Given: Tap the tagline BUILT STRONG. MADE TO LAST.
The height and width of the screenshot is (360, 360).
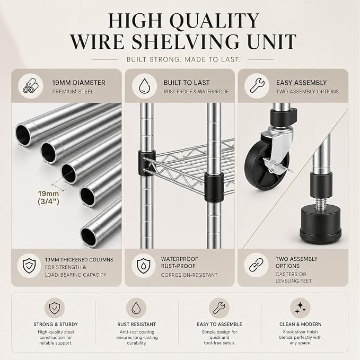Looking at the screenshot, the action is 183,60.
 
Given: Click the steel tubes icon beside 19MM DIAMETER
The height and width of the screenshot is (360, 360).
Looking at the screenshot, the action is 31,86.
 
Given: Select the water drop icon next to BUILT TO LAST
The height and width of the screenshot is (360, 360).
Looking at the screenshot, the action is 144,86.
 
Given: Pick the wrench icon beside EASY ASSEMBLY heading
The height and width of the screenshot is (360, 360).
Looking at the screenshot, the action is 257,86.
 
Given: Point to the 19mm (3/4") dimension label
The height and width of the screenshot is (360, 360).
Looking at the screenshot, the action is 48,197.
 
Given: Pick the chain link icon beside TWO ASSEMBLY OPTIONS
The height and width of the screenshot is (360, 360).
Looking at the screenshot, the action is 257,265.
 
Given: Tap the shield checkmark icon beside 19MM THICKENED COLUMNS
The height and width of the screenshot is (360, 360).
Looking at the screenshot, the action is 29,266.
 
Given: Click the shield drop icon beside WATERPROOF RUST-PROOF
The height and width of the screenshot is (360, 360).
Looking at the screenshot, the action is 144,266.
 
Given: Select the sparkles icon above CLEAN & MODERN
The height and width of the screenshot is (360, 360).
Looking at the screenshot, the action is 300,308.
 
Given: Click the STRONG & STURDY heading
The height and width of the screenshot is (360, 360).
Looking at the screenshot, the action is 56,324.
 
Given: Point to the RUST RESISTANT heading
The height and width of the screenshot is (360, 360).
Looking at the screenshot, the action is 137,324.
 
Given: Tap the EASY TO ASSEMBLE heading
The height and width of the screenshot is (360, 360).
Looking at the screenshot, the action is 219,324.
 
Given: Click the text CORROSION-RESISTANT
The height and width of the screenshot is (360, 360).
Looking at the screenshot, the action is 189,275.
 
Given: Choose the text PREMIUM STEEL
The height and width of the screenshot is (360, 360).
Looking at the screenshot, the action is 73,92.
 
